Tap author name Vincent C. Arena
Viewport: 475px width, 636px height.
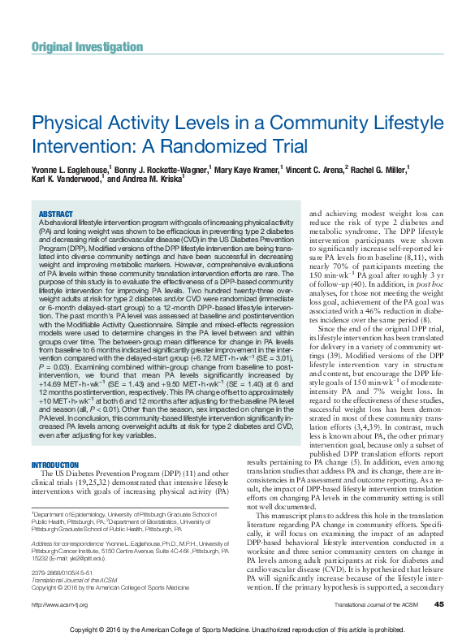coord(314,170)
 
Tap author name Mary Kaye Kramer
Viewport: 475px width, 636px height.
coord(245,170)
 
